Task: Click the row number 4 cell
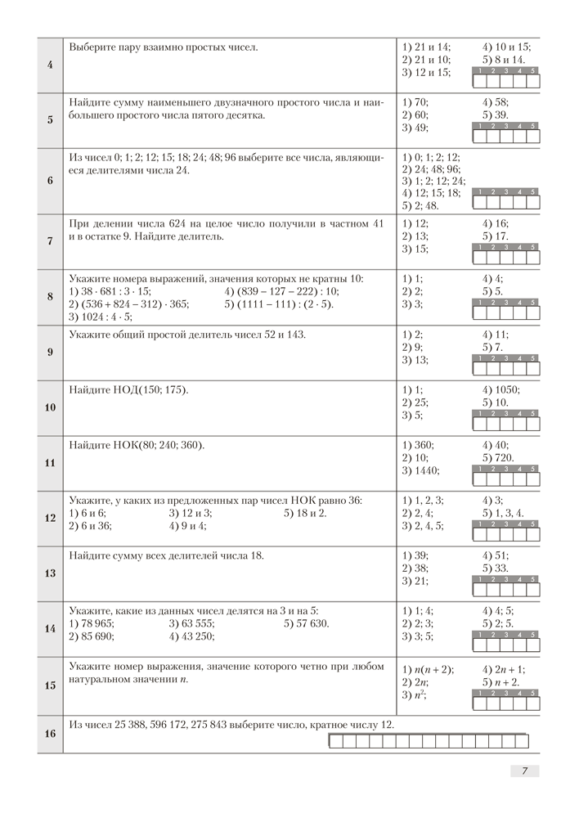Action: [x=50, y=65]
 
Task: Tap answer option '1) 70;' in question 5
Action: [x=418, y=102]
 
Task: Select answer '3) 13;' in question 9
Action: [x=417, y=360]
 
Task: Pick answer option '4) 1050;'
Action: [x=501, y=389]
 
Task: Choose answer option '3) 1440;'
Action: [x=422, y=470]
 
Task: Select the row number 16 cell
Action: [x=50, y=734]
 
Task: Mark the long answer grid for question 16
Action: [x=428, y=741]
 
